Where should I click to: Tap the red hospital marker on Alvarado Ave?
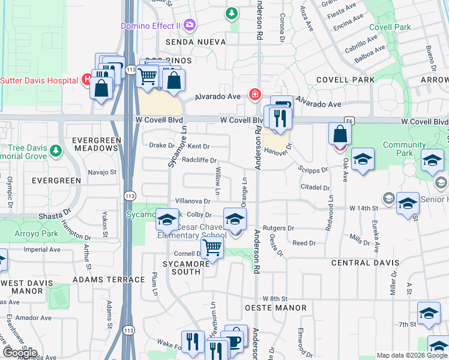(255, 95)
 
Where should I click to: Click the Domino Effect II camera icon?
(190, 25)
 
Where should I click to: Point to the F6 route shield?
(349, 121)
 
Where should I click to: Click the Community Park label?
(404, 149)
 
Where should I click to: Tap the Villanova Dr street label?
(192, 202)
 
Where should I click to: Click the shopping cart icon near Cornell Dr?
(212, 247)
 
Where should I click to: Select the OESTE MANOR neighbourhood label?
(276, 308)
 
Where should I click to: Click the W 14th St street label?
(363, 208)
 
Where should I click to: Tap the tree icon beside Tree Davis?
(56, 149)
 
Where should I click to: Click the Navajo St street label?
(101, 172)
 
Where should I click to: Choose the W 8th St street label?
(276, 298)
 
